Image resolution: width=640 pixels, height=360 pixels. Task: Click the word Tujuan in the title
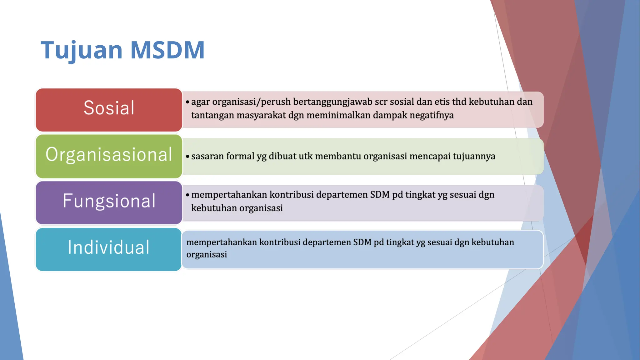(x=82, y=51)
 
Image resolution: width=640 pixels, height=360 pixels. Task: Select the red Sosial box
(x=109, y=109)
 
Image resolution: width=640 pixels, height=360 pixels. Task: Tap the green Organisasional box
(x=109, y=156)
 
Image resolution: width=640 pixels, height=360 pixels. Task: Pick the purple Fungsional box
(x=109, y=202)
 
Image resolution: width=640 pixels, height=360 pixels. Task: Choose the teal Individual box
(x=109, y=249)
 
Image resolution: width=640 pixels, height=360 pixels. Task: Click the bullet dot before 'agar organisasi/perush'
(x=187, y=102)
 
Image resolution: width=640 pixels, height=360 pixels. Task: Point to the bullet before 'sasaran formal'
(x=187, y=157)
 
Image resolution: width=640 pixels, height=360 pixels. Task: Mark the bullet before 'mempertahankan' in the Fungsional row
(x=187, y=195)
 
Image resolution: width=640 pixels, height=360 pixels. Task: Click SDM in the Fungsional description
(x=380, y=195)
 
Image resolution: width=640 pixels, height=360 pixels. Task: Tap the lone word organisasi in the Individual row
(x=207, y=255)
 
